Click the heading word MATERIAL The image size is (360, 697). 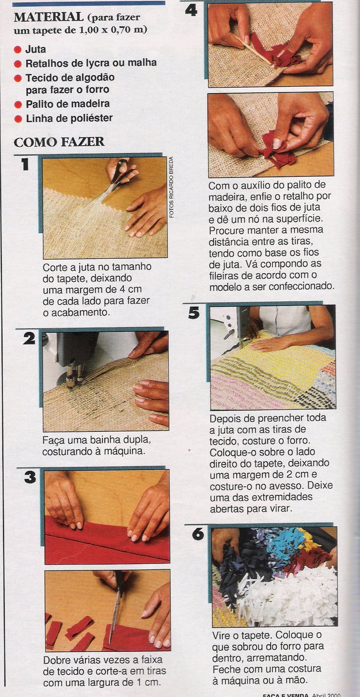point(48,17)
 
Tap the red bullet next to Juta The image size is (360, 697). point(18,50)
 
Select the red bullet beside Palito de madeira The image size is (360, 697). point(18,105)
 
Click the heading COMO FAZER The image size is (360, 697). point(59,142)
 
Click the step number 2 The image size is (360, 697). point(29,338)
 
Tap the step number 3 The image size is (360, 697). point(30,477)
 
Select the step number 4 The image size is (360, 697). point(190,10)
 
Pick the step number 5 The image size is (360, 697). point(194,313)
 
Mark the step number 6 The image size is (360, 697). point(198,534)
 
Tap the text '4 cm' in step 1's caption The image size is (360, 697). point(130,289)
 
